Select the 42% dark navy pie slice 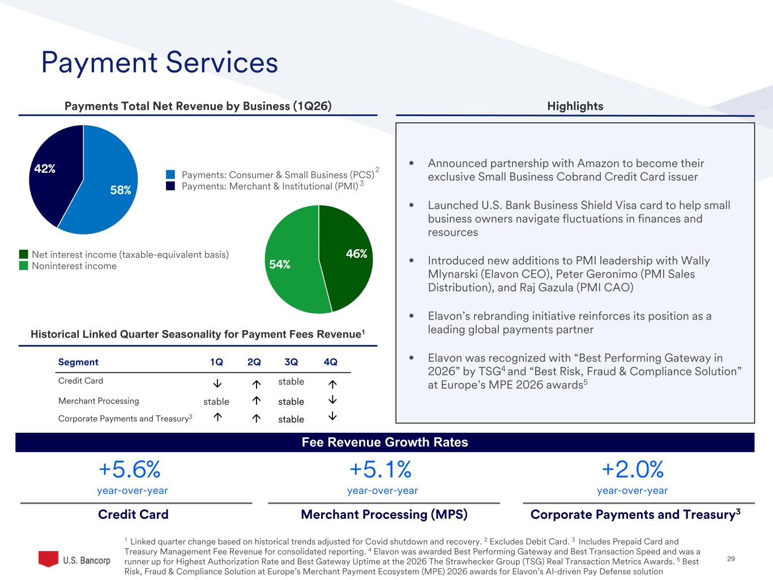[x=54, y=170]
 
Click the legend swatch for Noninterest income [x=23, y=266]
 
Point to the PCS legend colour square [x=170, y=174]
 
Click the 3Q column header [x=291, y=362]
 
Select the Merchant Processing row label [x=99, y=401]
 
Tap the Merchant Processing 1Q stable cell [x=216, y=402]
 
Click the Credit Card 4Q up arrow [x=332, y=383]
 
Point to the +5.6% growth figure [x=130, y=469]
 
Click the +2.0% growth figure [x=632, y=469]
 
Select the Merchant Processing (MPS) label [x=384, y=514]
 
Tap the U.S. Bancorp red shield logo [x=48, y=558]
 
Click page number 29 [x=731, y=559]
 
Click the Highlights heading [x=575, y=106]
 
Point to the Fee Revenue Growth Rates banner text [x=385, y=442]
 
